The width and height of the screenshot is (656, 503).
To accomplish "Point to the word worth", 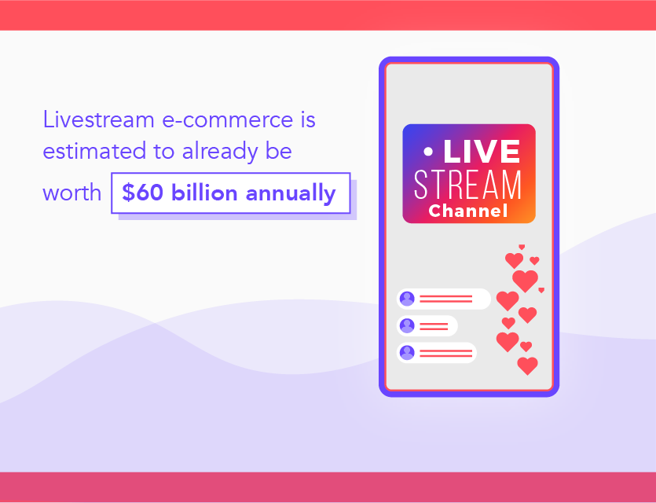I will (71, 193).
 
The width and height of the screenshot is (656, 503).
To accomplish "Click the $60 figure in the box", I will (141, 193).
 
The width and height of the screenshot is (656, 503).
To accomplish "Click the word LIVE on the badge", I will (482, 152).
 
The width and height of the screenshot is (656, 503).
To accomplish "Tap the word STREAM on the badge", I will (468, 185).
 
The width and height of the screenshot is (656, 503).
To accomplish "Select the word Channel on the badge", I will (468, 211).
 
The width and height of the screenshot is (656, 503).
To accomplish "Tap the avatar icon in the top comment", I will (407, 299).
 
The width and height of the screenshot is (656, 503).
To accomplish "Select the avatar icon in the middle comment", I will (407, 325).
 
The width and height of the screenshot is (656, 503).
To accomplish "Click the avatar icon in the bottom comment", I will (407, 352).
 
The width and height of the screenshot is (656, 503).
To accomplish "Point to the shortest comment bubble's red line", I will (434, 325).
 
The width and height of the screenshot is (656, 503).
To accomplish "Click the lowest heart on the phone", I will (528, 365).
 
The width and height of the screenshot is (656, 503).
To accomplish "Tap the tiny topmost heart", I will (521, 247).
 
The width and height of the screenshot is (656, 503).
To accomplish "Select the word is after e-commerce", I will (306, 120).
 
